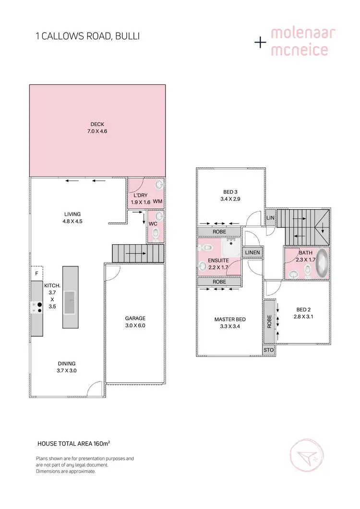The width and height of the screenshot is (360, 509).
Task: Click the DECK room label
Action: [x=97, y=124]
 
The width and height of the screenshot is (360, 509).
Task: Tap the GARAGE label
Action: [x=135, y=318]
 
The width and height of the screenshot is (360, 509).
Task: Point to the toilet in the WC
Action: [x=156, y=234]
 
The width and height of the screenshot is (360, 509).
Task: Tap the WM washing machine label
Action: [x=157, y=202]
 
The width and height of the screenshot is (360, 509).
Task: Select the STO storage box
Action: [x=269, y=350]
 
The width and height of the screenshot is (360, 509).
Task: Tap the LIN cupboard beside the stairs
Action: [x=270, y=217]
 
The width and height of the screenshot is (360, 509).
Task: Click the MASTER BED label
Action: [x=229, y=320]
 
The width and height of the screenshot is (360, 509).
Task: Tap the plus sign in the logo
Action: [x=260, y=43]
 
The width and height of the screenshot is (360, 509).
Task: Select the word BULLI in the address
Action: [x=127, y=36]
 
